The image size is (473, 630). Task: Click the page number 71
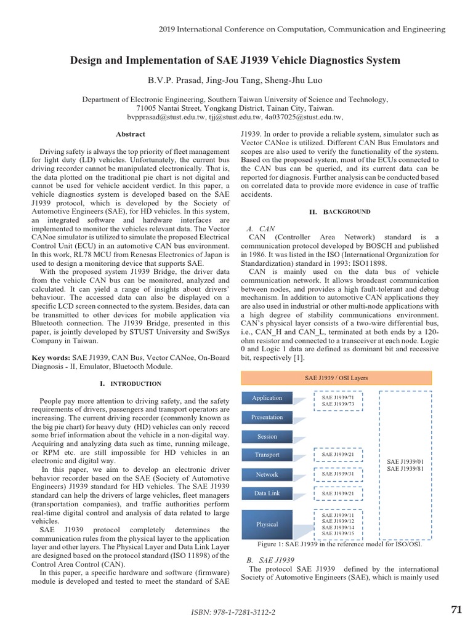[456, 610]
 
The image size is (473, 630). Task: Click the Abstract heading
[131, 134]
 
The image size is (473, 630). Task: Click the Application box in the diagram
[267, 398]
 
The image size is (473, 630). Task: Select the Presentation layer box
[267, 417]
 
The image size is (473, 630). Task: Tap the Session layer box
[267, 436]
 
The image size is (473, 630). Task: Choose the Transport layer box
[267, 455]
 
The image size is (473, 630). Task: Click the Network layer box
[267, 474]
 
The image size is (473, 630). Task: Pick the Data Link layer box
[267, 493]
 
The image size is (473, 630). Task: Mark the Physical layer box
[267, 524]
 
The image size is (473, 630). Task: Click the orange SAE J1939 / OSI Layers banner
[336, 378]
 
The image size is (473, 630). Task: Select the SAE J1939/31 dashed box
[339, 474]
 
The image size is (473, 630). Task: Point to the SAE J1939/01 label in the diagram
[405, 461]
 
